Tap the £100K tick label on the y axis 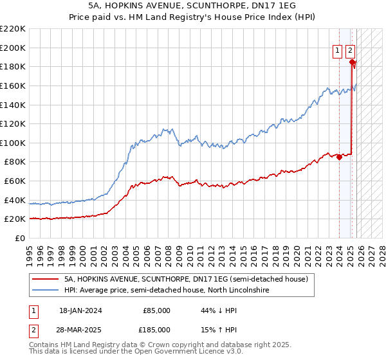click(13, 143)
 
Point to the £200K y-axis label click(13, 48)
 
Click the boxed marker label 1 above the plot click(337, 52)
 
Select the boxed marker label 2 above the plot click(350, 52)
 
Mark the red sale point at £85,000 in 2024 click(339, 157)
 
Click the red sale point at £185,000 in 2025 click(352, 62)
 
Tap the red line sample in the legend click(46, 279)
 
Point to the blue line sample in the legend click(46, 291)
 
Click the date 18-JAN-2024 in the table click(80, 310)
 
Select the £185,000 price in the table click(156, 329)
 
